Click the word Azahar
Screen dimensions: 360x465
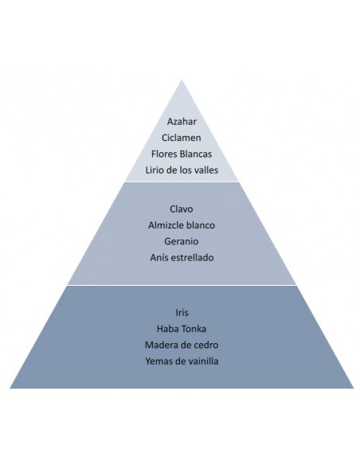182,121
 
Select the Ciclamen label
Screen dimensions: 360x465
181,138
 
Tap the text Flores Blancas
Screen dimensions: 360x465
182,154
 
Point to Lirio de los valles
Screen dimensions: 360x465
182,170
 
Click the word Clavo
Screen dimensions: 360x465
181,209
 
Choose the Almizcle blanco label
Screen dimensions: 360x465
182,225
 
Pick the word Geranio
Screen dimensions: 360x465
181,241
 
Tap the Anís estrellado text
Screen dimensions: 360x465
182,257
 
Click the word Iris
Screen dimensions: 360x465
182,313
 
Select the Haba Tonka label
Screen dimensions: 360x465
182,329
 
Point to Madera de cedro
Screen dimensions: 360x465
182,345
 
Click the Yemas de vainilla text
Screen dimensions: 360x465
182,361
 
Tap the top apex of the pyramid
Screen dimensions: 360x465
182,80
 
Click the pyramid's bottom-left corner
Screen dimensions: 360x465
10,388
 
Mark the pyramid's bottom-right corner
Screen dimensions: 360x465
354,388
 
